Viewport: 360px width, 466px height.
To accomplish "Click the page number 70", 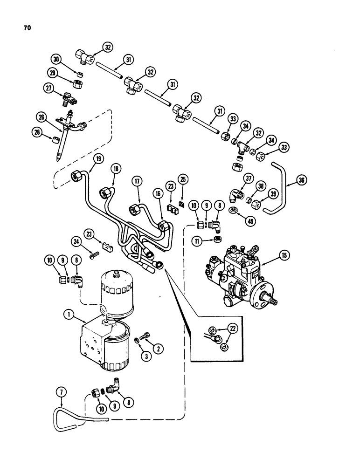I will [x=27, y=28].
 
